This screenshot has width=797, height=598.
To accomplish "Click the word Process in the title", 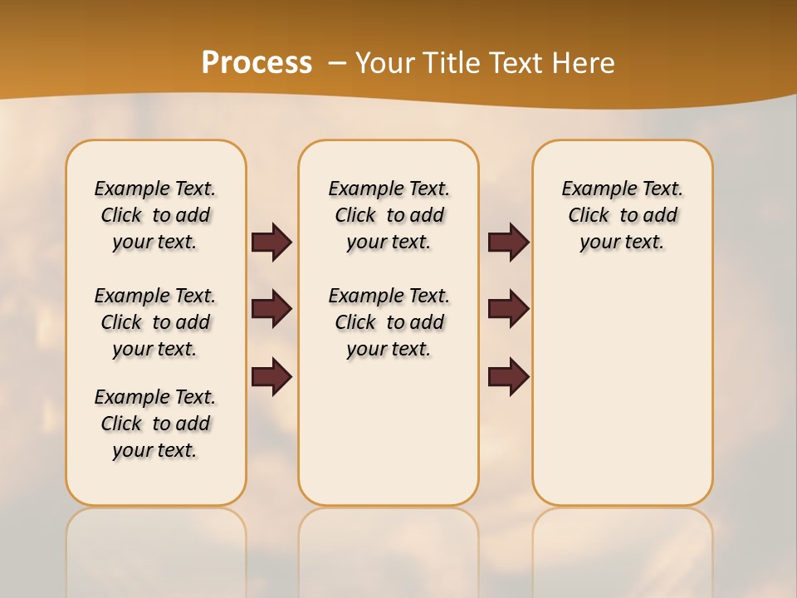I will pos(257,63).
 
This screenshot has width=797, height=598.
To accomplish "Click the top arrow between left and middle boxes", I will pos(271,243).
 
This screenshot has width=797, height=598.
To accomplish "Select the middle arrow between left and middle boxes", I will pos(271,309).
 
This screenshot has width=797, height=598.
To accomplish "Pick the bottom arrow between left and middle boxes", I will pos(271,377).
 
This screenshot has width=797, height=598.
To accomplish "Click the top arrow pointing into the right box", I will pos(508,243).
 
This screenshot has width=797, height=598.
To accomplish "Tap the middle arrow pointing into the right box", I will pos(508,309).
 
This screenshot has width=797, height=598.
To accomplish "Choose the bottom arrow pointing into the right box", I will pos(508,377).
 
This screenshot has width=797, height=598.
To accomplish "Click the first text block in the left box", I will pos(155,215).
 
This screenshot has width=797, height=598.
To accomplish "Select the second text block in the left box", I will pos(155,322).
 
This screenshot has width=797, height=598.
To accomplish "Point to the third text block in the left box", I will pos(155,424).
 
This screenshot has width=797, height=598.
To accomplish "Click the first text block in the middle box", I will pos(389,215).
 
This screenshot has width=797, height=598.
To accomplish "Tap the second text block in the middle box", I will pos(389,322).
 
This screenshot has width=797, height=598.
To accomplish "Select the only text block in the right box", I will pos(622,215).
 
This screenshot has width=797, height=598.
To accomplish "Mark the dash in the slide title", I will pos(337,63).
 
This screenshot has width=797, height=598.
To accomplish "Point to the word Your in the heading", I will pos(386,63).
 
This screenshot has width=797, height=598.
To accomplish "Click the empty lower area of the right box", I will pos(622,390).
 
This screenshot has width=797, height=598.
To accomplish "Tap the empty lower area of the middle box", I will pos(389,432).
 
